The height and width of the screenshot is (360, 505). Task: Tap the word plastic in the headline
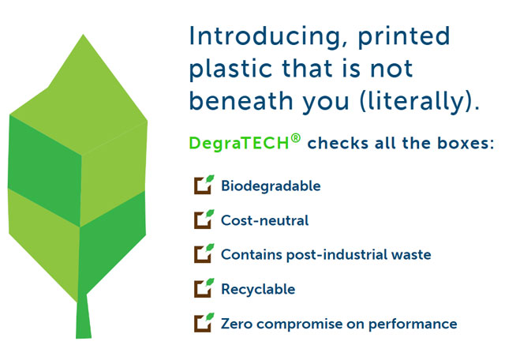[231, 69]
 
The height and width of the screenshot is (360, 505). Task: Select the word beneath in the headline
[241, 100]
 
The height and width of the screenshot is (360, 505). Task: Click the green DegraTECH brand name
[239, 143]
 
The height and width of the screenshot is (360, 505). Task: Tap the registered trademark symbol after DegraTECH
[296, 139]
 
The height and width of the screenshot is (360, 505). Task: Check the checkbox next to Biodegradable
[204, 185]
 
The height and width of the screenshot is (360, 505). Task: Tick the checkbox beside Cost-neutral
[204, 219]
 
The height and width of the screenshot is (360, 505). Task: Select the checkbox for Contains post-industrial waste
[204, 253]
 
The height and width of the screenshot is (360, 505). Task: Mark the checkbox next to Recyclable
[204, 288]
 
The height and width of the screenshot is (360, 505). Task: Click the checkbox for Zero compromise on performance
[204, 323]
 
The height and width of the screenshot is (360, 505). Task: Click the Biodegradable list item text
[271, 186]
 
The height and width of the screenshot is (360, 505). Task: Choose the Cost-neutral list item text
[265, 220]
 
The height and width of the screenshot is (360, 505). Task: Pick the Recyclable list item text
[258, 290]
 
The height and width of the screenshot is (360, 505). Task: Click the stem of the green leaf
[84, 317]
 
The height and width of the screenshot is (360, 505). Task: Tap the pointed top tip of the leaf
[83, 35]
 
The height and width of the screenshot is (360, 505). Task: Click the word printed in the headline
[404, 37]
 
